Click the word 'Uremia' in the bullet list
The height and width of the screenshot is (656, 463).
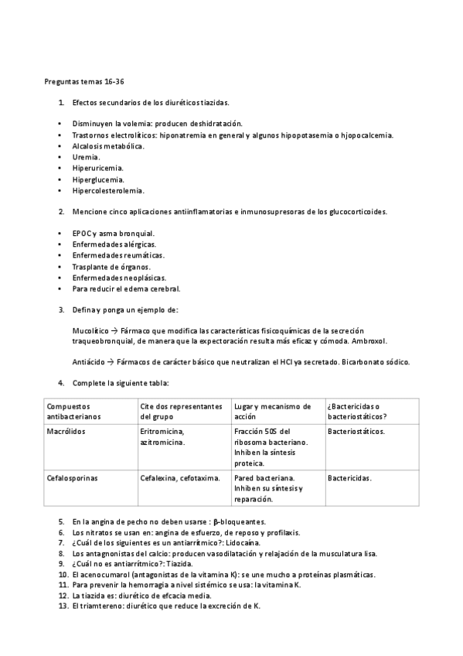[85, 157]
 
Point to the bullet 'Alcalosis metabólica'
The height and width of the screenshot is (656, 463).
[107, 145]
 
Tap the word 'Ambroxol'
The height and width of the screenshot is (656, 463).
[369, 340]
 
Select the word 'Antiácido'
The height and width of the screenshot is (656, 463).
[87, 362]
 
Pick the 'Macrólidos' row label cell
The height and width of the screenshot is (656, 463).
[66, 431]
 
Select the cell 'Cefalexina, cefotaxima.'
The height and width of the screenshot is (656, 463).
[180, 478]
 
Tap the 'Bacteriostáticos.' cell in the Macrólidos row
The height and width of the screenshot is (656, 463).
[356, 431]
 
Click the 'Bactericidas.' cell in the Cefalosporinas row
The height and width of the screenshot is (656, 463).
[349, 478]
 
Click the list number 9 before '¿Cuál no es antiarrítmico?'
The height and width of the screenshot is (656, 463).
[61, 565]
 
